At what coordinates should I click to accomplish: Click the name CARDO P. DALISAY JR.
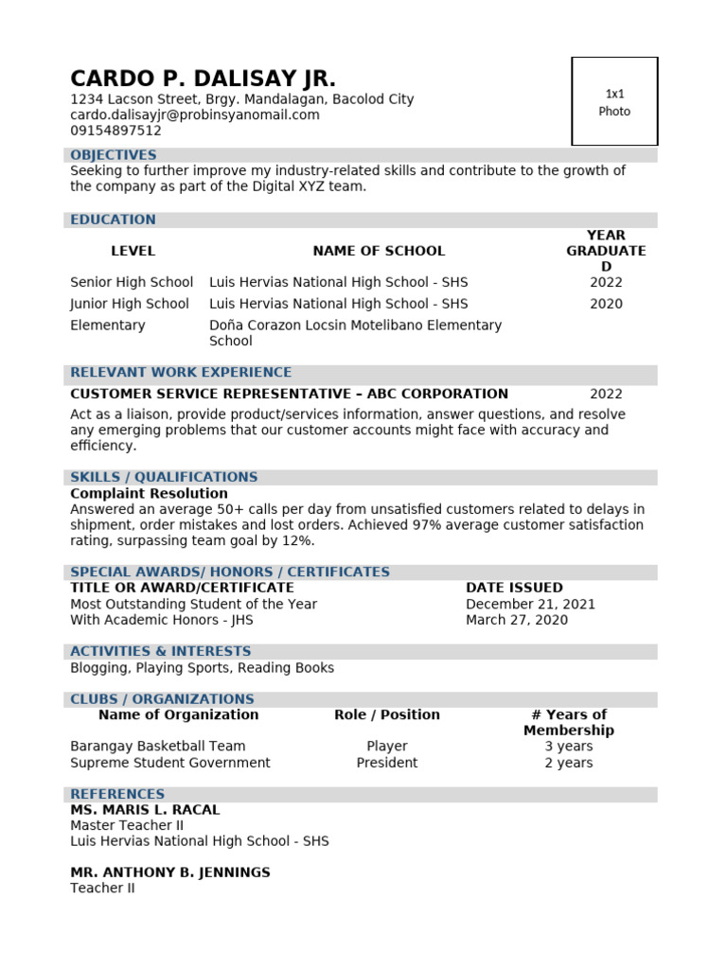[x=203, y=79]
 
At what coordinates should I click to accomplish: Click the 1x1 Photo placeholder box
[x=614, y=101]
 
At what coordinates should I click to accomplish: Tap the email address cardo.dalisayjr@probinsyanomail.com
[x=195, y=115]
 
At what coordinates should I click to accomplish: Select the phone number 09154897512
[x=115, y=131]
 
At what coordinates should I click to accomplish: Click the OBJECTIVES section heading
[x=114, y=155]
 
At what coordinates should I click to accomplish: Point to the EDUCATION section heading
[x=113, y=220]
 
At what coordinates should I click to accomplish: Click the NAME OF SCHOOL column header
[x=379, y=251]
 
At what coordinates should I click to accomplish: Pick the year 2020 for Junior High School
[x=606, y=304]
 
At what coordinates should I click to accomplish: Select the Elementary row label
[x=108, y=326]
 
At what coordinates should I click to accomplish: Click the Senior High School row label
[x=132, y=282]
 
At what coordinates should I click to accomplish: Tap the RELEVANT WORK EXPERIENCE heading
[x=181, y=373]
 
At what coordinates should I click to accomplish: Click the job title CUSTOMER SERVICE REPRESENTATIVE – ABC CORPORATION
[x=289, y=394]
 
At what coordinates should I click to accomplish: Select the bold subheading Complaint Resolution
[x=149, y=493]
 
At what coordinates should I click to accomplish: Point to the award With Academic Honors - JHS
[x=162, y=620]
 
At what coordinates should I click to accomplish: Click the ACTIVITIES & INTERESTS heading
[x=161, y=651]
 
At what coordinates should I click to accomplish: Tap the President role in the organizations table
[x=387, y=763]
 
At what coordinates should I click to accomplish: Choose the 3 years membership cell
[x=568, y=747]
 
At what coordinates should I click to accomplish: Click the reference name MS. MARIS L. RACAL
[x=145, y=810]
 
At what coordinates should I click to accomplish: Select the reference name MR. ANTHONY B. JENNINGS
[x=170, y=872]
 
